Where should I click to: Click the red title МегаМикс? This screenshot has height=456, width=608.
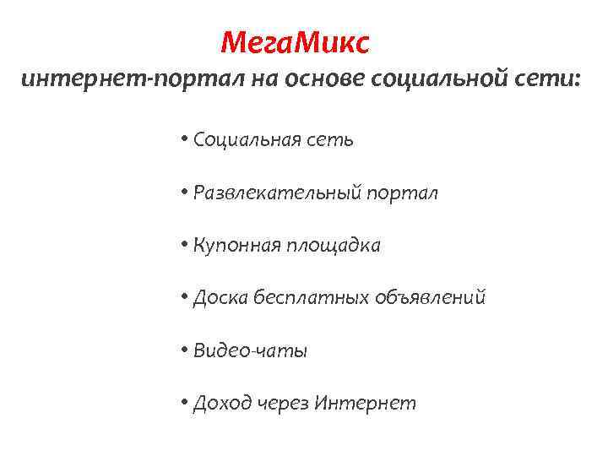point(294,41)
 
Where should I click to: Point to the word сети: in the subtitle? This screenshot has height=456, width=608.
point(551,79)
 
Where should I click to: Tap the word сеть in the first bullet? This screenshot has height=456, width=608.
point(329,139)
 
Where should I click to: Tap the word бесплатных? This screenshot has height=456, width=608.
point(306,298)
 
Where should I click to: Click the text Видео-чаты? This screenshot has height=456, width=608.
point(250,350)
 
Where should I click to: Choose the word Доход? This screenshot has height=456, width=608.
point(221,404)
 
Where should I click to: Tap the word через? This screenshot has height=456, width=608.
point(282,404)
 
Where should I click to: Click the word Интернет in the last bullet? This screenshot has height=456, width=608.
point(365,404)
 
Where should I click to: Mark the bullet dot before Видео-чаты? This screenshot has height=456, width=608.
point(184,350)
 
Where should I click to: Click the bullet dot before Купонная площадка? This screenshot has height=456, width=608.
point(184,246)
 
